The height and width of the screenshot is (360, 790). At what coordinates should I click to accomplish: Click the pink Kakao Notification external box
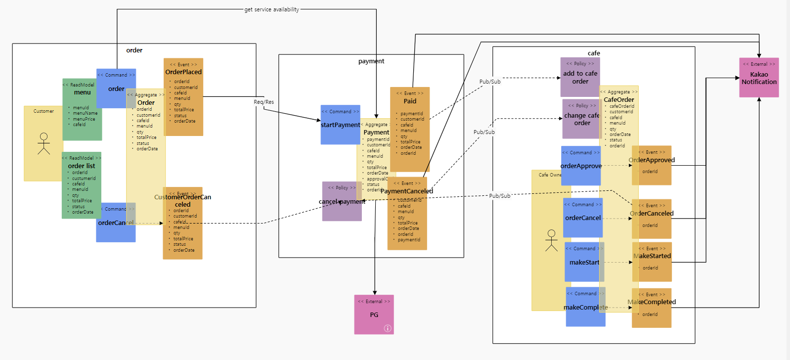[x=759, y=78]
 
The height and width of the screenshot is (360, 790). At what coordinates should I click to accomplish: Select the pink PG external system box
[x=374, y=315]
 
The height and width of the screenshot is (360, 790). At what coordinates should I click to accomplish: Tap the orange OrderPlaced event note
[x=183, y=97]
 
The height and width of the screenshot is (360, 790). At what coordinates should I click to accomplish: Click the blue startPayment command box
[x=340, y=125]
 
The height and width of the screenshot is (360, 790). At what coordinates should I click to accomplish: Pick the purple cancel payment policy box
[x=341, y=201]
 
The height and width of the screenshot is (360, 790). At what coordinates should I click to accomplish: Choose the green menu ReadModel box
[x=82, y=109]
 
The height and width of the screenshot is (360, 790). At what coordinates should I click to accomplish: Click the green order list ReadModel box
[x=82, y=185]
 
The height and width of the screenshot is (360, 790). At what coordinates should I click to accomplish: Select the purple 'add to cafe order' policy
[x=580, y=77]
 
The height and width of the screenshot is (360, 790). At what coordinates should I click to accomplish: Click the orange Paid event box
[x=410, y=129]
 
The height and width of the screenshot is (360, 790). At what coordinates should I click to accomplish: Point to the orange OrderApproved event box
[x=652, y=166]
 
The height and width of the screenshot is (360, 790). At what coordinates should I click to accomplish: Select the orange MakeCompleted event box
[x=652, y=308]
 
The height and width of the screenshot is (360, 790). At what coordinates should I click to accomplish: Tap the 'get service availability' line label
[x=271, y=9]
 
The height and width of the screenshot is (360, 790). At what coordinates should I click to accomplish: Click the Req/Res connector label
[x=263, y=102]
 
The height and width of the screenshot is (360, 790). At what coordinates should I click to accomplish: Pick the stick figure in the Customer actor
[x=44, y=143]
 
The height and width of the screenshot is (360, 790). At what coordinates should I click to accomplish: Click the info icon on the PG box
[x=388, y=328]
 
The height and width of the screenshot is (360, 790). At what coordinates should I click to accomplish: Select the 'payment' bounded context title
[x=371, y=61]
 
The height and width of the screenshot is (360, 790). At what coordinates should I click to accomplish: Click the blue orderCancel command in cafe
[x=582, y=218]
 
